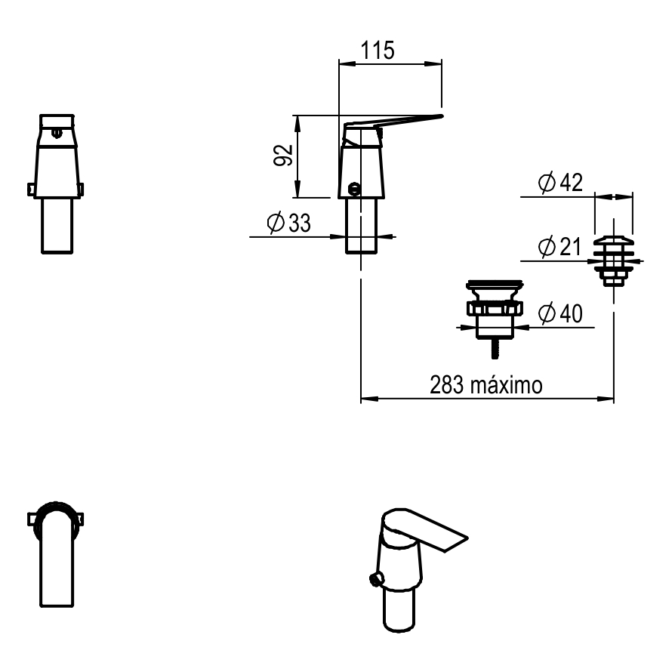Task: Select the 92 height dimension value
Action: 283,156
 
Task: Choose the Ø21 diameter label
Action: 559,247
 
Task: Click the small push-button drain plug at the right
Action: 613,261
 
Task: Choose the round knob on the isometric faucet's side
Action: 374,579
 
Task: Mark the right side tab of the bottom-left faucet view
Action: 79,519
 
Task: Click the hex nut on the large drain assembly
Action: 495,310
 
